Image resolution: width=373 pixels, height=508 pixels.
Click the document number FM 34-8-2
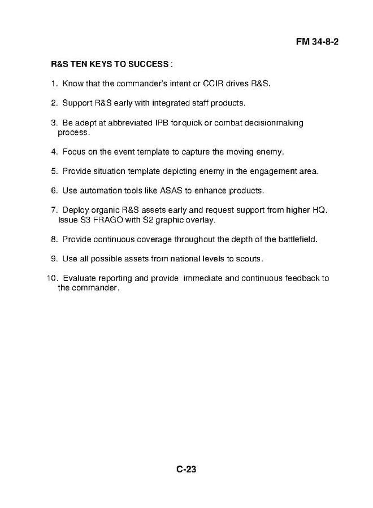coord(320,42)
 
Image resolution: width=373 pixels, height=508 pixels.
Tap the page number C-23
coord(185,469)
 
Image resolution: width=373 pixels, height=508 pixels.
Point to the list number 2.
coord(54,103)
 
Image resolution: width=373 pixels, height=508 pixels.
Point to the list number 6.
coord(54,191)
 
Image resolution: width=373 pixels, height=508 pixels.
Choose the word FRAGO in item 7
coord(107,219)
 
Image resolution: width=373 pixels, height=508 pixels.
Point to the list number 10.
coord(51,278)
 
